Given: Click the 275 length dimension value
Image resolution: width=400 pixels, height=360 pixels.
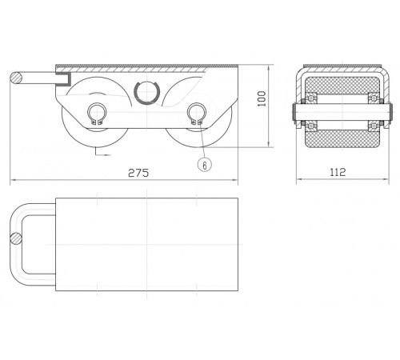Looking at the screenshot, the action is pyautogui.click(x=138, y=173).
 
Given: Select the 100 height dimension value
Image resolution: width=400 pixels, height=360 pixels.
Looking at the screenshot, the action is pyautogui.click(x=262, y=98).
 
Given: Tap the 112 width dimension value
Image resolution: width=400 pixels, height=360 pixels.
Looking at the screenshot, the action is pyautogui.click(x=338, y=172).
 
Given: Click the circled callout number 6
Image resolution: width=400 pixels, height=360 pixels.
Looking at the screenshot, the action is pyautogui.click(x=205, y=166).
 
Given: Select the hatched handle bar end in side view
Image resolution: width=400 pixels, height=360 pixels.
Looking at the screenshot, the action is pyautogui.click(x=16, y=78).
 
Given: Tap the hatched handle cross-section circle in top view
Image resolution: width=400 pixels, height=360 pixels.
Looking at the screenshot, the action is pyautogui.click(x=16, y=238).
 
